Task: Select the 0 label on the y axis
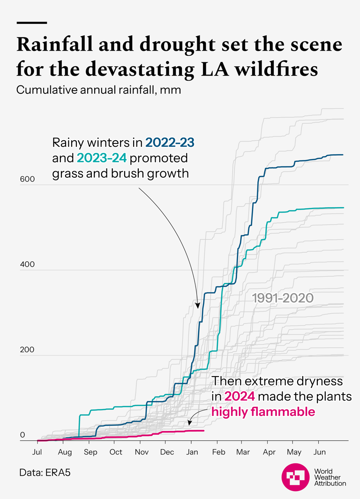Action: tap(22, 435)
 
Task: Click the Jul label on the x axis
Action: tap(37, 452)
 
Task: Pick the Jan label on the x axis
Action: tap(192, 452)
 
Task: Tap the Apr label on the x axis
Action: tap(269, 452)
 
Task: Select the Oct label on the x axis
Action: tap(116, 452)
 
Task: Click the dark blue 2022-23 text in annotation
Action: tap(169, 142)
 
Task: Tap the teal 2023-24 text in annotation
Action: tap(102, 158)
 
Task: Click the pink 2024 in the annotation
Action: tap(240, 396)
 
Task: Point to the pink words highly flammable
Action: tap(263, 412)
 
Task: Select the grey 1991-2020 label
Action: tap(283, 298)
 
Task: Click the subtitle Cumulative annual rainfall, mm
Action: tap(98, 90)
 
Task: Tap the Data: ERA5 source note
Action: tap(43, 472)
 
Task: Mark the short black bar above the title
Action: tap(31, 23)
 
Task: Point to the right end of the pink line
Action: tap(204, 431)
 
